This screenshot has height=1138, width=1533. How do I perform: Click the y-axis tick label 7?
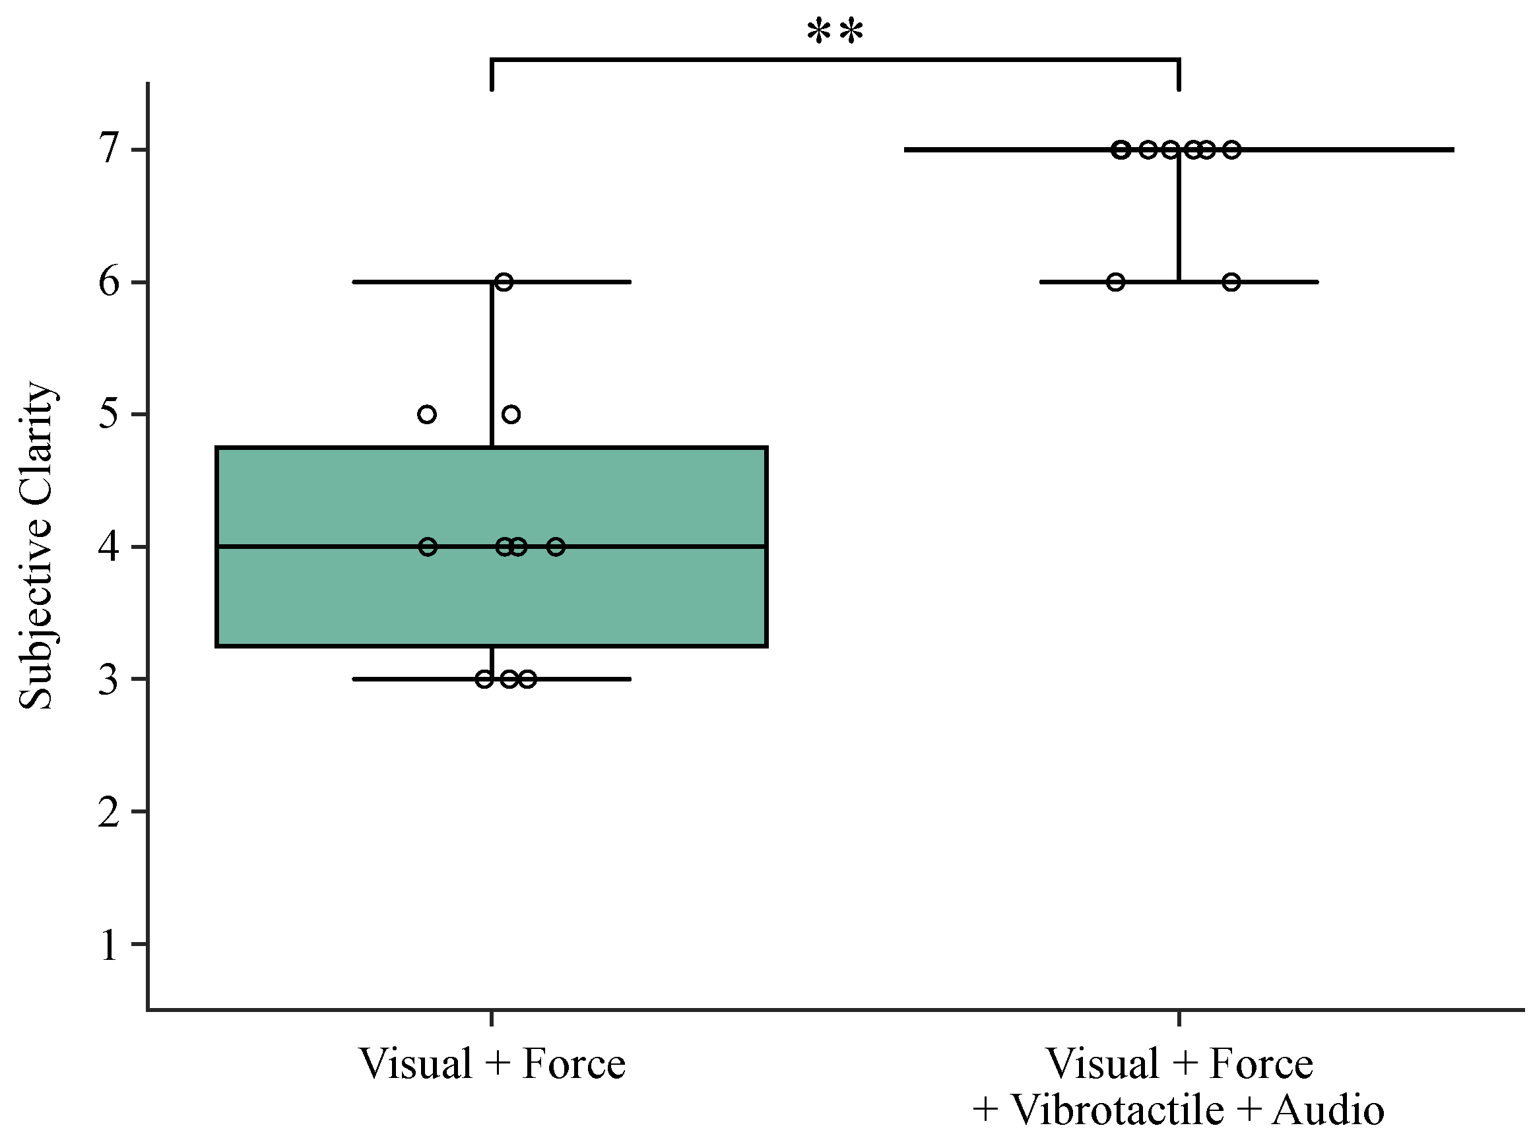tap(110, 149)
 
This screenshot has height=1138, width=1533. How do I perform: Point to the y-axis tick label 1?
tap(110, 945)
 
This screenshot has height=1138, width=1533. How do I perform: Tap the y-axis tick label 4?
tap(110, 547)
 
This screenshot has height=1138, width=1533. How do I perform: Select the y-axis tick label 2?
tap(110, 812)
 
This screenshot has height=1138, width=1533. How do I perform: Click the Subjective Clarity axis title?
tap(36, 546)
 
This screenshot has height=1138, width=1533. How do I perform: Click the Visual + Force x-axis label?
tap(492, 1064)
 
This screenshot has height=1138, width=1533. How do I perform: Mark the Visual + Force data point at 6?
tap(504, 282)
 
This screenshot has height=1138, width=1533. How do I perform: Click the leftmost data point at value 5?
tap(427, 414)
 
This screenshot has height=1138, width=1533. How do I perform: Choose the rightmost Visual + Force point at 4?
tap(556, 547)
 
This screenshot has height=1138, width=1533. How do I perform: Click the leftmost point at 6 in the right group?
tap(1116, 282)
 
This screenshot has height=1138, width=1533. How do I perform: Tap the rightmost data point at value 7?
tap(1232, 150)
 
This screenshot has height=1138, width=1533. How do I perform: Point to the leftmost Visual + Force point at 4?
tap(428, 547)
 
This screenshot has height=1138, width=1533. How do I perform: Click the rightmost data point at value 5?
tap(511, 414)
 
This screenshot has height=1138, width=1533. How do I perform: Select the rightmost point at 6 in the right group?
tap(1232, 282)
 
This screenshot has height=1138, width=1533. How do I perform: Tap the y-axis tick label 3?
tap(110, 680)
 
